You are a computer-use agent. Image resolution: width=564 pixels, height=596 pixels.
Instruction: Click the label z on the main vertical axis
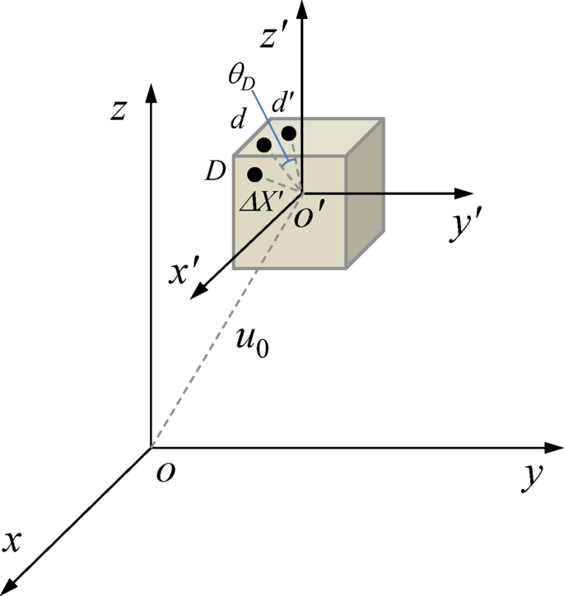coord(120,110)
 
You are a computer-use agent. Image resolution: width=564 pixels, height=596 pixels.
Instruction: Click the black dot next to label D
coord(254,175)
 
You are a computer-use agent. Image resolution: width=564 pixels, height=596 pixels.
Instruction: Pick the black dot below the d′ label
coord(287,132)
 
